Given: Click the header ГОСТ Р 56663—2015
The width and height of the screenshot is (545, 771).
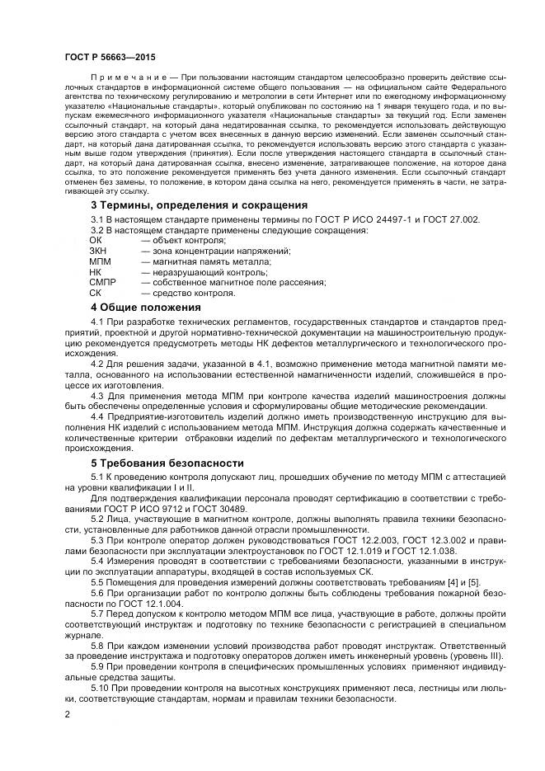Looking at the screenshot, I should (109, 56).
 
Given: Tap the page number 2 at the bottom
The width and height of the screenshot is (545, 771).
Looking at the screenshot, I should (67, 715).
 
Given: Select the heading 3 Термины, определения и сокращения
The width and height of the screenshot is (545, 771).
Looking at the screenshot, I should (198, 205).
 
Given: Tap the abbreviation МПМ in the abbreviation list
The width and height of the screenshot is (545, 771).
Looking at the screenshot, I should (101, 261).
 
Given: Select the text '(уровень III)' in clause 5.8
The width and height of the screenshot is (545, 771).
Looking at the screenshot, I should (482, 656).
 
